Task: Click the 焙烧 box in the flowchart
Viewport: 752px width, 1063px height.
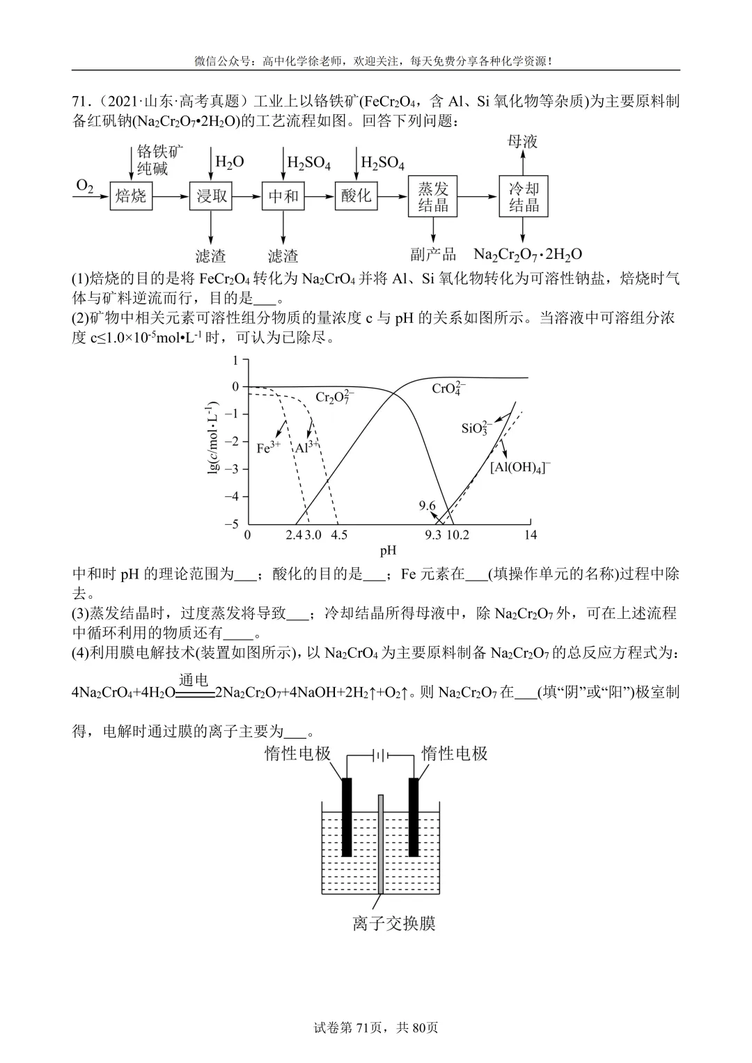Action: [130, 196]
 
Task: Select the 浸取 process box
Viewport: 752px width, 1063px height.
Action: [210, 196]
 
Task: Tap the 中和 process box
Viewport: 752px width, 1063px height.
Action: [283, 196]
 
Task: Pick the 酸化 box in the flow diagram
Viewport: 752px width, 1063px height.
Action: [356, 196]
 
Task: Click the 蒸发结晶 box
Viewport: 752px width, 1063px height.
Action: [433, 196]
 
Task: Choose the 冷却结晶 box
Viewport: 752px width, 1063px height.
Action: [524, 196]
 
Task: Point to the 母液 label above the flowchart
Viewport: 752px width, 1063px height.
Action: [522, 142]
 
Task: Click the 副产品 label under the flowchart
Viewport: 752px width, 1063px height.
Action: [433, 255]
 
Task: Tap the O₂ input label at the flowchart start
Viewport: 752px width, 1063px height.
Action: [85, 185]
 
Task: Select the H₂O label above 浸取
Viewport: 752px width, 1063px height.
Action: [229, 162]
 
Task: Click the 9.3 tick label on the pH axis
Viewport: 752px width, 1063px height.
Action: [433, 535]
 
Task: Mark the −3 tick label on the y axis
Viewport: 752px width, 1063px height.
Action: [235, 469]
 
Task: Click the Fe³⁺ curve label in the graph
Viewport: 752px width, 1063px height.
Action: [268, 448]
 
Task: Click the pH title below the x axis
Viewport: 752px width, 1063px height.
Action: [388, 551]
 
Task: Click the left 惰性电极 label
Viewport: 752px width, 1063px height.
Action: [297, 753]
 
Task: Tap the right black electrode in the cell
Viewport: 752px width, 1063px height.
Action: [414, 817]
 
